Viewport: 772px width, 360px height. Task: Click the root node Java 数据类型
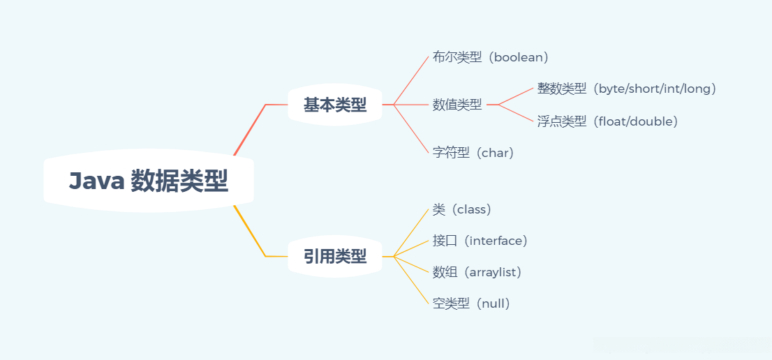(148, 181)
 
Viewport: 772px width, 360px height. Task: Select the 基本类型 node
(335, 105)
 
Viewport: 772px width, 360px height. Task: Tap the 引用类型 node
(335, 257)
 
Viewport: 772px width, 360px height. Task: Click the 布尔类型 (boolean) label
(491, 57)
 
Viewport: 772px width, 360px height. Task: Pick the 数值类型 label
(457, 105)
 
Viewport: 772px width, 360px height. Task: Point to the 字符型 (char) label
(473, 153)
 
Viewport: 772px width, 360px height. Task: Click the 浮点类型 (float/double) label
(607, 121)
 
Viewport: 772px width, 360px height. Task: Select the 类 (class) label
(462, 209)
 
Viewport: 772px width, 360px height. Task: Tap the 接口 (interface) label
(480, 241)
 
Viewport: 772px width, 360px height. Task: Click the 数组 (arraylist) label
(477, 272)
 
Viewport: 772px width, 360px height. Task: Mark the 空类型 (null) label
(472, 303)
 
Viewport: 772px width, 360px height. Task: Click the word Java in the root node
(96, 181)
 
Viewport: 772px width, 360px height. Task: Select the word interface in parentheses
(496, 241)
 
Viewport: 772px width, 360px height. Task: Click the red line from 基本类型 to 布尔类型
(412, 79)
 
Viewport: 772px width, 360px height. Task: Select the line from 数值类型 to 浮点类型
(517, 113)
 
